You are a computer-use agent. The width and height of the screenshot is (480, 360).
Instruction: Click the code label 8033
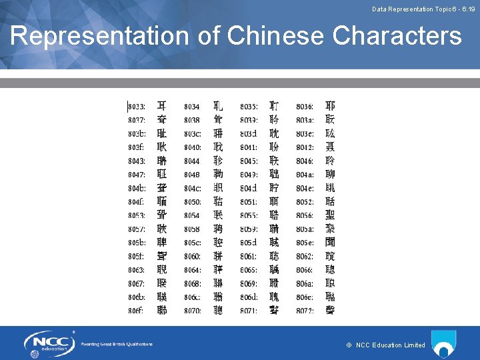[x=137, y=107]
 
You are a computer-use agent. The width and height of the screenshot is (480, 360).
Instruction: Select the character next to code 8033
[x=162, y=107]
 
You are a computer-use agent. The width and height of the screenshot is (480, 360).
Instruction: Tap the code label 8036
[x=305, y=107]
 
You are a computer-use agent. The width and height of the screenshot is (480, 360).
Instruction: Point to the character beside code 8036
[x=330, y=107]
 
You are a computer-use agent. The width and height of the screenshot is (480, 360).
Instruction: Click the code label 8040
[x=193, y=147]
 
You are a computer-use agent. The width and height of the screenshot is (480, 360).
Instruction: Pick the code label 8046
[x=305, y=161]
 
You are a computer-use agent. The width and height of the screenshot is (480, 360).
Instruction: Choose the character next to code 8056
[x=330, y=215]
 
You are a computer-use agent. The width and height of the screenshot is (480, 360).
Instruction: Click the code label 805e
[x=305, y=243]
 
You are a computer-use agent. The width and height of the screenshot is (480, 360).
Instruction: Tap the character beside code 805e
[x=330, y=243]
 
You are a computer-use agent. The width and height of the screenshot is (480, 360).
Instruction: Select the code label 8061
[x=249, y=257]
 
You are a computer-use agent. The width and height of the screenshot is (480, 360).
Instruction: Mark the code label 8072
[x=305, y=311]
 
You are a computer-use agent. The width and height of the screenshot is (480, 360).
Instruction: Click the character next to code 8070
[x=218, y=311]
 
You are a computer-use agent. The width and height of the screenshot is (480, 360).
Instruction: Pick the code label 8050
[x=193, y=202]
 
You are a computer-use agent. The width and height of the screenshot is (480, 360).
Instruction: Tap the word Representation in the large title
[x=100, y=36]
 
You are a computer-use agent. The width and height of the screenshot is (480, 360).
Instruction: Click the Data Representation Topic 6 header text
[x=423, y=9]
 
